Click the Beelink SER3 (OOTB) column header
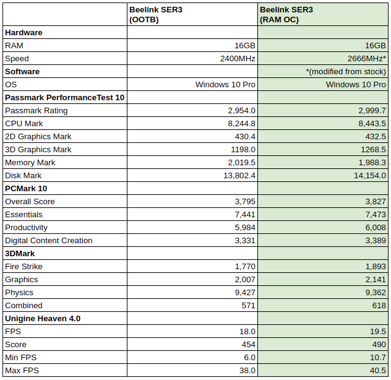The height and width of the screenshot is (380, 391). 156,15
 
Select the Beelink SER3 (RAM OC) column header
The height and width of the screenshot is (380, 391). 286,15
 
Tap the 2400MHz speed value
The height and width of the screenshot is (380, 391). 238,59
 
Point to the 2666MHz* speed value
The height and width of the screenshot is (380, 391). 366,59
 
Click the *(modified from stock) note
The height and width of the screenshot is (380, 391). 346,72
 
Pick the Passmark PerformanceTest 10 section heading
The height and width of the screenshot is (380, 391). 64,98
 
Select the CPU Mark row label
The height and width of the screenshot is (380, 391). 24,124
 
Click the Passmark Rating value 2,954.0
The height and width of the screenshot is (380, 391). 242,111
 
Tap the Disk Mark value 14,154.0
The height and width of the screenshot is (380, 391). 370,175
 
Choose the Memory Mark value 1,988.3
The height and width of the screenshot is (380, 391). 372,162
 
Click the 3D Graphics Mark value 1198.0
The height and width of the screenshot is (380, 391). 243,149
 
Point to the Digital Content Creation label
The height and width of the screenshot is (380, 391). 49,241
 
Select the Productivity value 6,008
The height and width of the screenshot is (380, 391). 376,228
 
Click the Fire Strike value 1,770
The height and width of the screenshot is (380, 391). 245,267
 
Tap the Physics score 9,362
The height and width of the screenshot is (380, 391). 376,292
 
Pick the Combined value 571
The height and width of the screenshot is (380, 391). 248,305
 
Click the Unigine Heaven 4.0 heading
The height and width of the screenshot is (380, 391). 43,318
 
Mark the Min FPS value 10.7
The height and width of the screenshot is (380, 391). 378,357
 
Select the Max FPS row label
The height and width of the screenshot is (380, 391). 22,370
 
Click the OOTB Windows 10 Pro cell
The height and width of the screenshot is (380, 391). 225,85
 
